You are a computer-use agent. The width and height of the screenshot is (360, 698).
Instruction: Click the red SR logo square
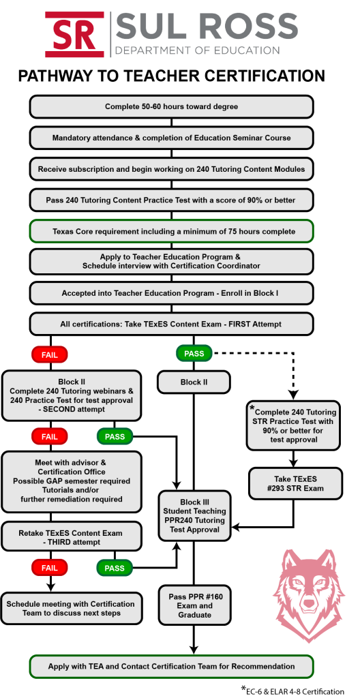pos(75,35)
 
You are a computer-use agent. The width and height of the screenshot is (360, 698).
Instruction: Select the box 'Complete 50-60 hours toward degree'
pos(172,107)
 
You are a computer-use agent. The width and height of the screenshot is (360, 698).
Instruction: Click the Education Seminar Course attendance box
pos(172,138)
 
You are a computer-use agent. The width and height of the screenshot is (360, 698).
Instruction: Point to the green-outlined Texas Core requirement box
pos(172,232)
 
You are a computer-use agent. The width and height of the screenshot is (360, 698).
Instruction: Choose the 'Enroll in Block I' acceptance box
pos(172,294)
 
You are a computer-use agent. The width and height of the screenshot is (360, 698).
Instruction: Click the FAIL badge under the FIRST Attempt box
pos(50,354)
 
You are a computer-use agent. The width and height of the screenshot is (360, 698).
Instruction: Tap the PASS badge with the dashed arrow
pos(194,354)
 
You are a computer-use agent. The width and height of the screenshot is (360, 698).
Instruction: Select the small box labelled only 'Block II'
pos(194,382)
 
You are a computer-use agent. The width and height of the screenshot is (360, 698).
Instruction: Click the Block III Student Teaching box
pos(194,515)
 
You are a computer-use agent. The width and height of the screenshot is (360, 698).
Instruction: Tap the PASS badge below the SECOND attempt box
pos(115,437)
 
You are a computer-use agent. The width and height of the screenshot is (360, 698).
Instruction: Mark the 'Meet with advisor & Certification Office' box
pos(72,482)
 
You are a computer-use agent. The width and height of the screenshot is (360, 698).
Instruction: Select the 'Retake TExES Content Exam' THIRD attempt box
pos(72,537)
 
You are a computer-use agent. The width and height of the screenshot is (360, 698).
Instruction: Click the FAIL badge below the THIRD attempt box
pos(50,568)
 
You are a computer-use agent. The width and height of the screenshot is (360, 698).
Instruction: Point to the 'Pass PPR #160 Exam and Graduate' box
pos(194,606)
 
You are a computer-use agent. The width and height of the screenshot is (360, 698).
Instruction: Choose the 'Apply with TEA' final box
pos(172,667)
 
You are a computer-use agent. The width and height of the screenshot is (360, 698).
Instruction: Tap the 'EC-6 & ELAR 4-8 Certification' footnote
pos(293,691)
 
